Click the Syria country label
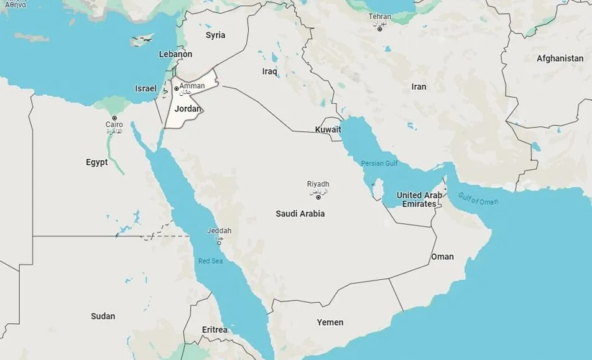pos(216,35)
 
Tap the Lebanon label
pos(175,54)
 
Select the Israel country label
pos(146,88)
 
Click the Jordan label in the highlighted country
pos(188,109)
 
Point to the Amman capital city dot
pos(177,88)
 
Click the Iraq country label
pos(269,72)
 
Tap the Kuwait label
pos(328,129)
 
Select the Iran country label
pos(419,86)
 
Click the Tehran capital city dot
pos(379,29)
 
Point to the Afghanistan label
pos(560,58)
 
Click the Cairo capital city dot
pos(114,118)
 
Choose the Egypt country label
pos(96,162)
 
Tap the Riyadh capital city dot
pos(318,197)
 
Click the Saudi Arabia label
pos(300,214)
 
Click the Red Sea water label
pos(210,261)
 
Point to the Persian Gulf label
pos(379,164)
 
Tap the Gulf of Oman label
pos(478,200)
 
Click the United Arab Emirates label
pos(419,200)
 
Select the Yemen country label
pos(330,322)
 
